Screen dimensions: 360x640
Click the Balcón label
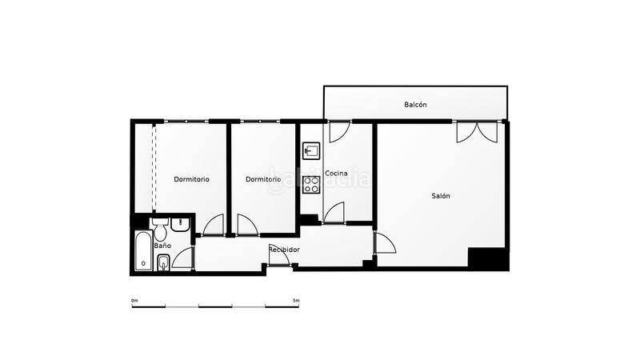[415, 105]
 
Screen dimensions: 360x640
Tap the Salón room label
[441, 196]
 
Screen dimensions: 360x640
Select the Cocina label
[336, 174]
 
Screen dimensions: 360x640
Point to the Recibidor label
[284, 250]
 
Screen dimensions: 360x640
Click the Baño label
[162, 246]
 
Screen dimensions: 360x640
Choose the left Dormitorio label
[192, 179]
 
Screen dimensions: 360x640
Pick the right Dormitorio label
[263, 179]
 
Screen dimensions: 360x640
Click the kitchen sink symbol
[310, 150]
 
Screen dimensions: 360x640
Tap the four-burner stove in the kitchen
[311, 185]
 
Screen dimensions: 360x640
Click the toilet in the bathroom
[160, 231]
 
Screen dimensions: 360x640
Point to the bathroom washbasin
[179, 225]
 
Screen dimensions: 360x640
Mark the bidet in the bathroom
[162, 262]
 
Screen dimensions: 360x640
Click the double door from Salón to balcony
[477, 132]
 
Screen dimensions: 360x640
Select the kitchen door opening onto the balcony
[338, 130]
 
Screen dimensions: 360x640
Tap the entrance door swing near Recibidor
[279, 254]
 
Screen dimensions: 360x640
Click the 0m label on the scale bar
[134, 300]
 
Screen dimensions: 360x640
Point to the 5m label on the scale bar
[295, 300]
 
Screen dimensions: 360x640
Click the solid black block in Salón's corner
[487, 259]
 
